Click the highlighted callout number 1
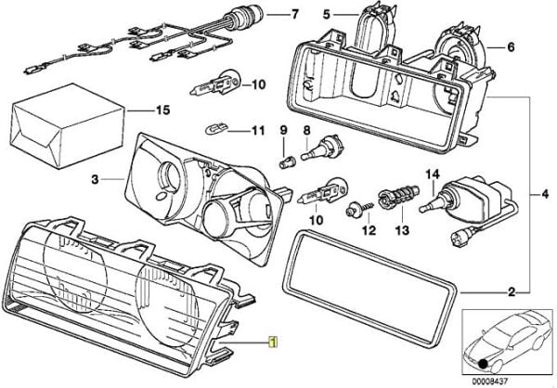pos(272,341)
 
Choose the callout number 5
pos(326,15)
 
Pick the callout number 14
pos(431,174)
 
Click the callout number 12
pos(369,228)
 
